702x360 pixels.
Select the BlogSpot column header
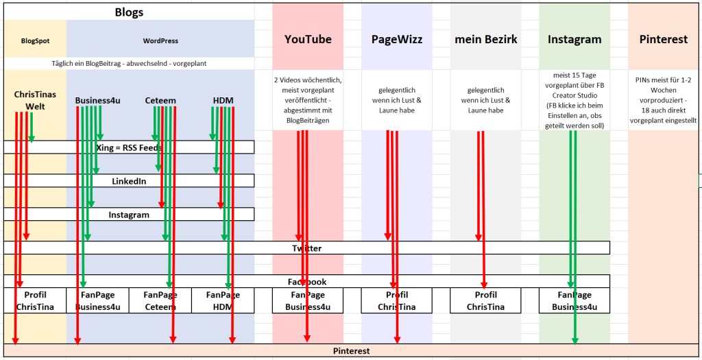(x=35, y=41)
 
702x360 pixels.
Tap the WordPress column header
(x=160, y=41)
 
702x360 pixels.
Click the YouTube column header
(x=308, y=39)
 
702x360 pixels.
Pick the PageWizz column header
(x=397, y=39)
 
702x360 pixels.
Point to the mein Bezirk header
(x=485, y=39)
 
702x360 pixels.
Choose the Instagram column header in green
(x=574, y=39)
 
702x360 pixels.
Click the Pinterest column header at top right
(x=663, y=39)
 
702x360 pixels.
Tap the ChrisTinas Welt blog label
(x=35, y=100)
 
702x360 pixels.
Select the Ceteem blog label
(x=160, y=101)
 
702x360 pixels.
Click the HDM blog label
(x=223, y=101)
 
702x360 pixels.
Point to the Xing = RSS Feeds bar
(x=129, y=147)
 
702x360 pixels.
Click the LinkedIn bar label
(x=129, y=181)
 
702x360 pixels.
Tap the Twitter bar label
(x=306, y=248)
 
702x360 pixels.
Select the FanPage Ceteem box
(x=160, y=301)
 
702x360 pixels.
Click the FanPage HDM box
(x=223, y=301)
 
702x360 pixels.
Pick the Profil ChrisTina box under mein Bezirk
(x=485, y=301)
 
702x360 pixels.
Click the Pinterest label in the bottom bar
(x=351, y=351)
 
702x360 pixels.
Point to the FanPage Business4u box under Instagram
(x=574, y=301)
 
